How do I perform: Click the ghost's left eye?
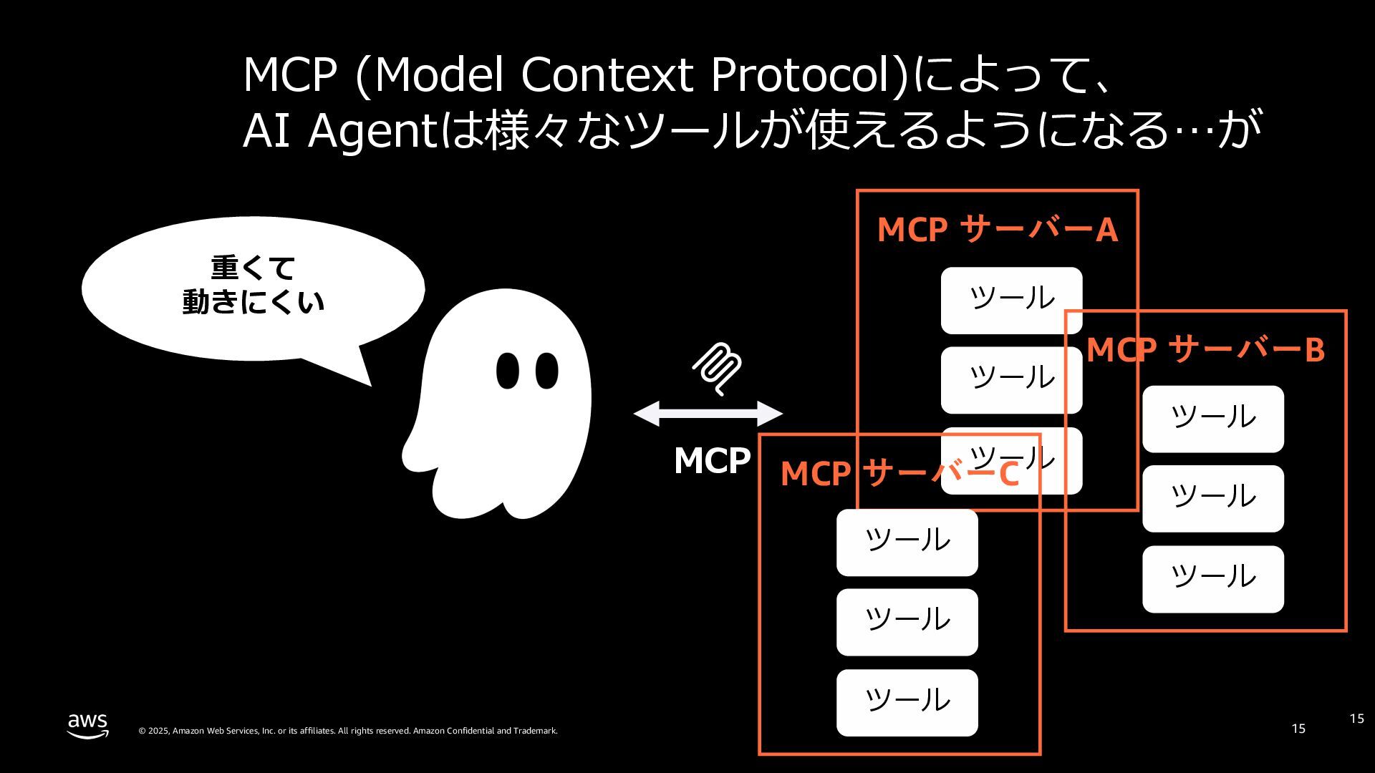point(507,370)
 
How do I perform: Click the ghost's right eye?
point(547,370)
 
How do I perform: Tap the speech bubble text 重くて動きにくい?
point(253,285)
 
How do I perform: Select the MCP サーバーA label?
point(997,230)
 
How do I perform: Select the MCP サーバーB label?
point(1205,349)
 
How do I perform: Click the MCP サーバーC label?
point(899,473)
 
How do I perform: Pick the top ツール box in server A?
point(1011,300)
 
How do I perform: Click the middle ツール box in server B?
point(1212,498)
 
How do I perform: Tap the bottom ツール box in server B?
point(1212,578)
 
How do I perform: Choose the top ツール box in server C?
point(907,542)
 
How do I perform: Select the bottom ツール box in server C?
point(907,702)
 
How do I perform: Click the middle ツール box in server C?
point(907,621)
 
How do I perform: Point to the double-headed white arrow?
point(708,413)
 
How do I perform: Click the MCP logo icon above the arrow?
point(717,369)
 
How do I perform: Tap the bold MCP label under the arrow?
point(712,460)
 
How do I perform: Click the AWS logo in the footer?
point(88,725)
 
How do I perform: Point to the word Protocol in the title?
point(808,74)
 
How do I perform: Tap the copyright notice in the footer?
point(347,731)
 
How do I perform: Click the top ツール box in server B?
point(1212,419)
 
